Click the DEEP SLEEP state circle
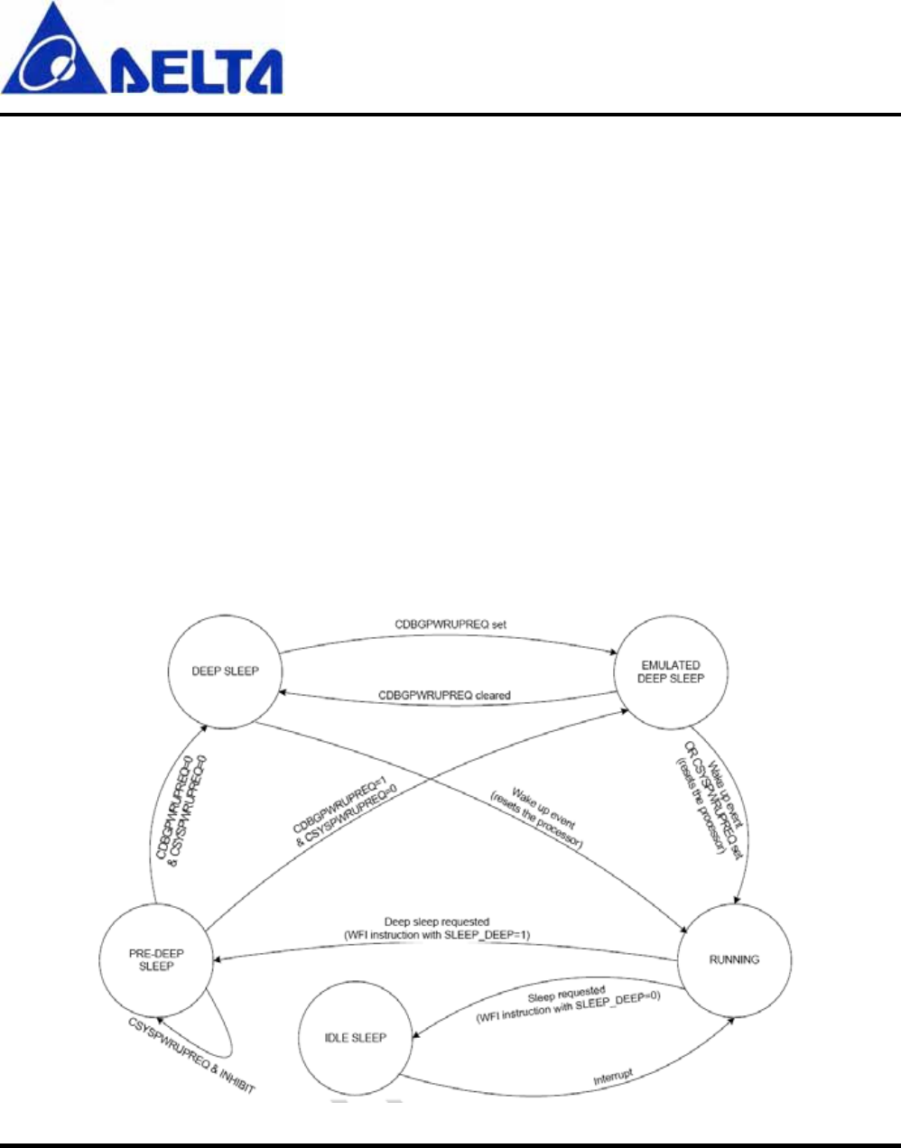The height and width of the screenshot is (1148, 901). (x=225, y=671)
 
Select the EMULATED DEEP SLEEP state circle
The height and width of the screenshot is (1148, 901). (x=670, y=672)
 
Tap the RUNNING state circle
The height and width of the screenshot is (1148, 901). (x=734, y=959)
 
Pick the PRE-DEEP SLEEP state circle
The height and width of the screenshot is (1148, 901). (x=156, y=959)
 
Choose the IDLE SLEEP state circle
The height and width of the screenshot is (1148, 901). (x=355, y=1038)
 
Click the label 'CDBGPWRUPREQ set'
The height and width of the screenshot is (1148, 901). (x=450, y=624)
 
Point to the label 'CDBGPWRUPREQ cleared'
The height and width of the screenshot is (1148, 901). (x=444, y=696)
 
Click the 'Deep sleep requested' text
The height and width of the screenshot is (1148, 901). (x=437, y=922)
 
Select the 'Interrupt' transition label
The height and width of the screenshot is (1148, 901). (x=613, y=1077)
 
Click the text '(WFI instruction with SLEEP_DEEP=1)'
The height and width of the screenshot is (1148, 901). (x=437, y=935)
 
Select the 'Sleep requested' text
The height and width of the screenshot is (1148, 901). (x=566, y=994)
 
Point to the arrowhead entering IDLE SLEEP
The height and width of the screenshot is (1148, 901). (x=416, y=1038)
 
